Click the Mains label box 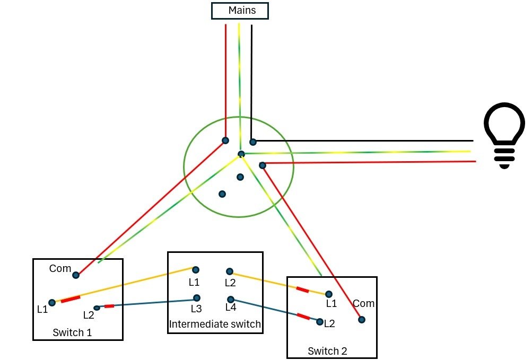pos(240,11)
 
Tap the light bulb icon pos(504,135)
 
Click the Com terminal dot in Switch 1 pos(76,275)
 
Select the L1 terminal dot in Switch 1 pos(52,302)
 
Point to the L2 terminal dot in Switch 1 pos(97,308)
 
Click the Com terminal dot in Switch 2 pos(362,320)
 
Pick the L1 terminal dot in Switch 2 pos(329,294)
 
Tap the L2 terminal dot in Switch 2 pos(320,322)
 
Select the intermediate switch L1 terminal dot pos(196,270)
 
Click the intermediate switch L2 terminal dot pos(230,271)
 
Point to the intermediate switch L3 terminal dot pos(196,298)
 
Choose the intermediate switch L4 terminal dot pos(231,300)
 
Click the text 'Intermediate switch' pos(215,324)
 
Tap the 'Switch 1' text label pos(72,332)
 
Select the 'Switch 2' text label pos(327,351)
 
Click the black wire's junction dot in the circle pos(253,142)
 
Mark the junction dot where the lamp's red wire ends pos(262,165)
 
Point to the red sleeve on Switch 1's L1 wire pos(71,299)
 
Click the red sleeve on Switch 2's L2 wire pos(303,317)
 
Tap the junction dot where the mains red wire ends pos(225,141)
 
